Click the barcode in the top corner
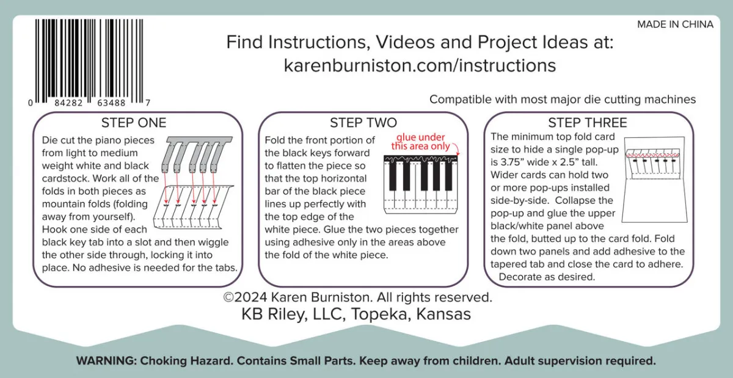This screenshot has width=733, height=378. click(x=89, y=63)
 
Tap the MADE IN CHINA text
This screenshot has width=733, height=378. click(x=675, y=24)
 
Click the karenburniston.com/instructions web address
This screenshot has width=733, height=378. click(x=420, y=65)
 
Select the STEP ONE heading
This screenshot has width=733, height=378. click(x=134, y=123)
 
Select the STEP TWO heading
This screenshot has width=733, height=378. click(x=363, y=123)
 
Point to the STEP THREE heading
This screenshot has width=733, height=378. click(x=588, y=123)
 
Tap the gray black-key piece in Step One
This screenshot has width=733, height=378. click(x=197, y=154)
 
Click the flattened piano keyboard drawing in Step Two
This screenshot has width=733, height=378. click(x=421, y=184)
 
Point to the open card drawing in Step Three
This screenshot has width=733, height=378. click(x=654, y=180)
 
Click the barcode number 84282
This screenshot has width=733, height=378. click(x=68, y=103)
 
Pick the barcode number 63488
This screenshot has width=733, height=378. click(x=111, y=103)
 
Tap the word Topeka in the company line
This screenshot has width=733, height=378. click(x=381, y=314)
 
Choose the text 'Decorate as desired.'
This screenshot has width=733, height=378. click(x=547, y=277)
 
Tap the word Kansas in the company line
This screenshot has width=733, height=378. click(x=443, y=314)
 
